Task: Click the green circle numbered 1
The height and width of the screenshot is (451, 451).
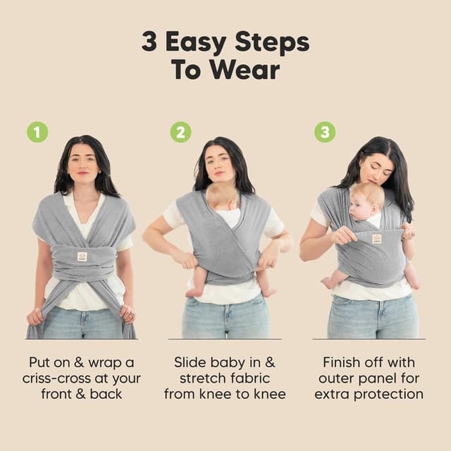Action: tap(37, 132)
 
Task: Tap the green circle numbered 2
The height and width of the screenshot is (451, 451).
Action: tap(180, 132)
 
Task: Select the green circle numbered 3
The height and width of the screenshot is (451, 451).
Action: tap(325, 132)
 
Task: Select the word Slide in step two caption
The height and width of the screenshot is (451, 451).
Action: tap(190, 362)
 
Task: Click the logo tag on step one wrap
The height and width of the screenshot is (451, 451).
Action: tap(82, 257)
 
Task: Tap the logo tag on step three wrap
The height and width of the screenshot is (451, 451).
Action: tap(376, 239)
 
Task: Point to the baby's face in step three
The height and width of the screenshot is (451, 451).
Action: tap(364, 204)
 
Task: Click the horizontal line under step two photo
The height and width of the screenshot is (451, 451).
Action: tap(225, 340)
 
